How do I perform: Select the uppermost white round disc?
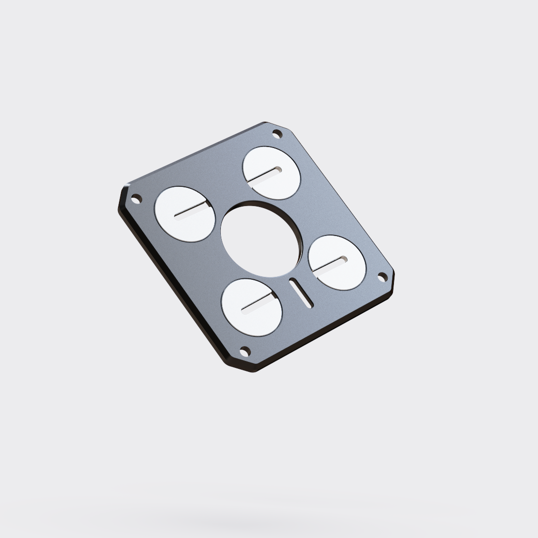pyautogui.click(x=271, y=173)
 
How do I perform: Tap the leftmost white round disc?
pyautogui.click(x=185, y=214)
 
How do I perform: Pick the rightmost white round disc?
pyautogui.click(x=337, y=263)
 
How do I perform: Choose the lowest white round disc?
pyautogui.click(x=252, y=307)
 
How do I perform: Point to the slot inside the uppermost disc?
pyautogui.click(x=266, y=175)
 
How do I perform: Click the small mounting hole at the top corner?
pyautogui.click(x=277, y=134)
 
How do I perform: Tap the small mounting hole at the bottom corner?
pyautogui.click(x=243, y=352)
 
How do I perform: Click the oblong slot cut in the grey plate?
pyautogui.click(x=300, y=293)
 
